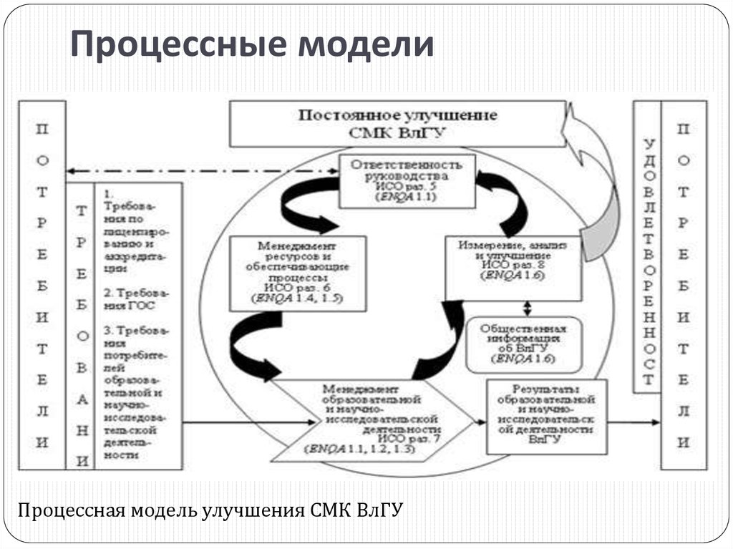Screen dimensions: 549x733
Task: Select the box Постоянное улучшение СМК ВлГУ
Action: [397, 124]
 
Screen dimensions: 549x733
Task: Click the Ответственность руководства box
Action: [407, 180]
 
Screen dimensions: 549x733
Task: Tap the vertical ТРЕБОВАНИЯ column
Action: [83, 326]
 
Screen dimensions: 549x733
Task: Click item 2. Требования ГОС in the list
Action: [140, 299]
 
